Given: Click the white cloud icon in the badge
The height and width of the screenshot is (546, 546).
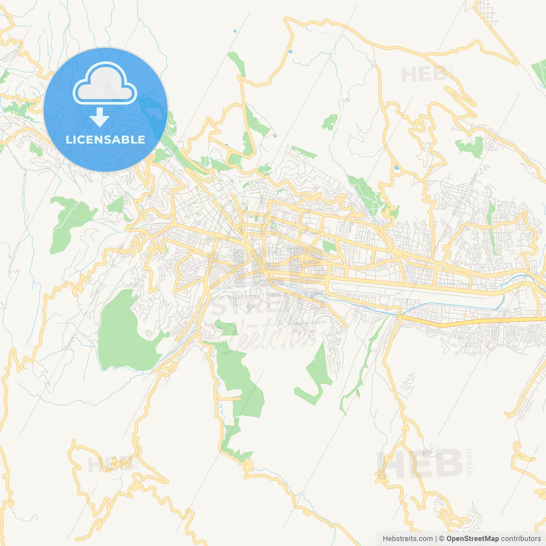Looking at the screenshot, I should click(105, 84).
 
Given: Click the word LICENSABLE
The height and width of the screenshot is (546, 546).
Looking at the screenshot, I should click(105, 140).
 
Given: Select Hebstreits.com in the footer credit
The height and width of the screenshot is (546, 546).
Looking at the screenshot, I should click(407, 539).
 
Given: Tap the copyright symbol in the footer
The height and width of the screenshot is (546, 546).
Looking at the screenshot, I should click(442, 539).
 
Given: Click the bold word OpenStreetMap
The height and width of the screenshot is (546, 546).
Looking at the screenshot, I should click(473, 539).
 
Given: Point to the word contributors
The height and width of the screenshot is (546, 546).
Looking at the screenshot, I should click(521, 539).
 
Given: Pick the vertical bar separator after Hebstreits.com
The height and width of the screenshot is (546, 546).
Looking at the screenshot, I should click(436, 539).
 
